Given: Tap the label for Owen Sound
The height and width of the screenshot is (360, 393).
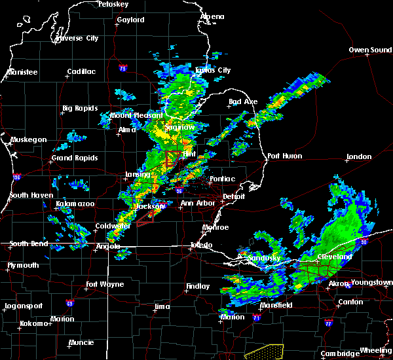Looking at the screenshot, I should [369, 50].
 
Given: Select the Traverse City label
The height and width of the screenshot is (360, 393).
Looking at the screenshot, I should [77, 38].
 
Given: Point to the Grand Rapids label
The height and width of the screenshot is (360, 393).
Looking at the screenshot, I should [75, 158].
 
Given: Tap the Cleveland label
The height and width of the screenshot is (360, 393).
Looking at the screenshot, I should [335, 257].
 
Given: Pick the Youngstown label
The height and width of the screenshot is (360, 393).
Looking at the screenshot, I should [371, 282].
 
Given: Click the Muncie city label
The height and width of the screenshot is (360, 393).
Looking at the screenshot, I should [81, 342].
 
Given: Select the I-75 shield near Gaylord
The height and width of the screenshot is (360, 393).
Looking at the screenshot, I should [122, 67].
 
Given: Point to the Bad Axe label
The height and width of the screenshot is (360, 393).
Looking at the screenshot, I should [242, 101].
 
